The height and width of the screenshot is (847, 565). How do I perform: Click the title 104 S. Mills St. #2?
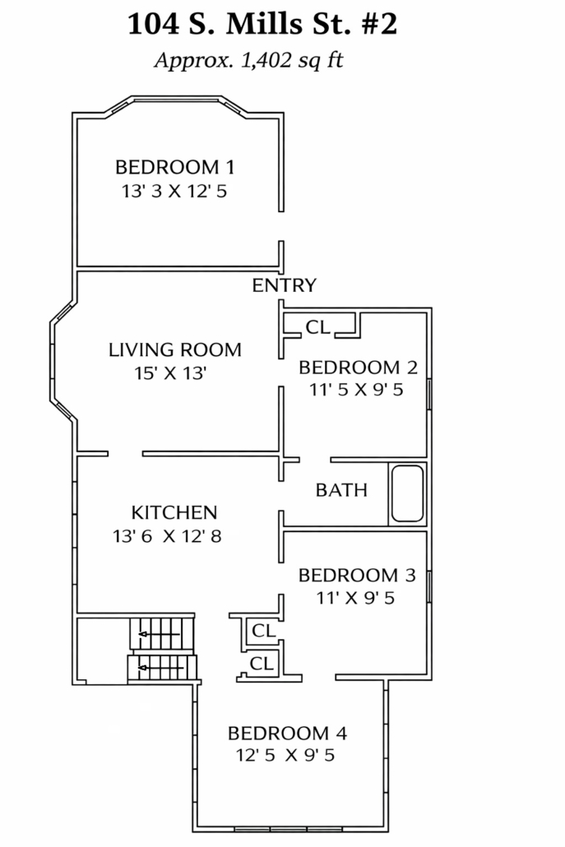(x=262, y=25)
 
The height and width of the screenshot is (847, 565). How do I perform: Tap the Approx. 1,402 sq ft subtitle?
(x=249, y=60)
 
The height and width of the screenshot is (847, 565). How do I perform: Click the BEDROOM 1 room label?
(x=175, y=167)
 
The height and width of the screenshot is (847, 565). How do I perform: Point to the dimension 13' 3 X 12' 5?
(x=174, y=192)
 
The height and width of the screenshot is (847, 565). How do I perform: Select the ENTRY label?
(x=284, y=285)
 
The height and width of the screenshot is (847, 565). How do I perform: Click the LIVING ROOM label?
(x=175, y=349)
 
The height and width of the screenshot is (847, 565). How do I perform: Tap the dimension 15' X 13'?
(x=171, y=373)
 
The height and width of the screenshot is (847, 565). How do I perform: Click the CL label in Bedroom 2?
(x=318, y=326)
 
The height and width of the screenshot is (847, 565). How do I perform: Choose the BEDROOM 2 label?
(x=358, y=368)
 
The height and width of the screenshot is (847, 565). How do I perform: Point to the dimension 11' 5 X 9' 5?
(x=356, y=390)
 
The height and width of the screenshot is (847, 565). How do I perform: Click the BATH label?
(x=341, y=490)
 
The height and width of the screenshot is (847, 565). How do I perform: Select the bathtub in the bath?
(x=408, y=493)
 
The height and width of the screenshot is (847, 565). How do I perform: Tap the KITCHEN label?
(x=174, y=512)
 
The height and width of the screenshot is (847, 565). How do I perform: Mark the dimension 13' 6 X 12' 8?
(x=168, y=536)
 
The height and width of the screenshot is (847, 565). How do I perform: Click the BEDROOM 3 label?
(x=357, y=576)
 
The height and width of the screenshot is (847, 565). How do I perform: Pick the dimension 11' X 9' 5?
(x=355, y=598)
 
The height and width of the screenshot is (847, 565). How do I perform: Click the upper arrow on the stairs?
(x=159, y=634)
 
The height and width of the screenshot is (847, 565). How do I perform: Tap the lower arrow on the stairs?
(x=159, y=669)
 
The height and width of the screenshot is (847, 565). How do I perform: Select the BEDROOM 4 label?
(x=287, y=733)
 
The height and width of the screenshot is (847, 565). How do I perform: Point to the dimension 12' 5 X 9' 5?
(x=285, y=755)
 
